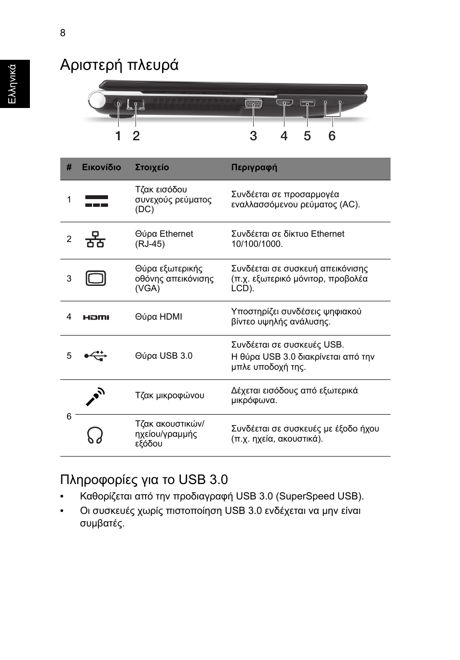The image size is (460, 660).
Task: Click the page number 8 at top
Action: (x=63, y=33)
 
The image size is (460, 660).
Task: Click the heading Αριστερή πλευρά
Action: (x=119, y=65)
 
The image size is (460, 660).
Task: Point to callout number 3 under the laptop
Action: (x=253, y=136)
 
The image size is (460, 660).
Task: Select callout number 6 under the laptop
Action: (x=332, y=136)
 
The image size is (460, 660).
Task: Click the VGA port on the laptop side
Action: (x=253, y=103)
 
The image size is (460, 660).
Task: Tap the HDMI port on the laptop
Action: (x=284, y=103)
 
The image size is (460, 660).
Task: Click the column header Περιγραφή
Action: (x=254, y=168)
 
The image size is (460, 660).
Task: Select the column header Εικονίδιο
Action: (x=101, y=168)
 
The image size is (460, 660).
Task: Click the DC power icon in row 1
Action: (x=96, y=201)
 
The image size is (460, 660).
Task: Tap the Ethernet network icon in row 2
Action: (x=95, y=240)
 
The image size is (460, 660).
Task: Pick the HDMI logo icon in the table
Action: (x=96, y=317)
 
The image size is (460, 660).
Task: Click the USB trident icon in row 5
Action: (x=95, y=356)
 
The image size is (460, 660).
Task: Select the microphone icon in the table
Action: (x=95, y=396)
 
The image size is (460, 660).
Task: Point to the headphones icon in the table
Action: (x=95, y=435)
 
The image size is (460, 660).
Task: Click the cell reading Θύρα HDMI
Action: (x=159, y=317)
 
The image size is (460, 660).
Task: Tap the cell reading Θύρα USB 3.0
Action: (x=163, y=356)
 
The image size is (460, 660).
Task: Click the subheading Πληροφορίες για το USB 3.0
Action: (x=144, y=479)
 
